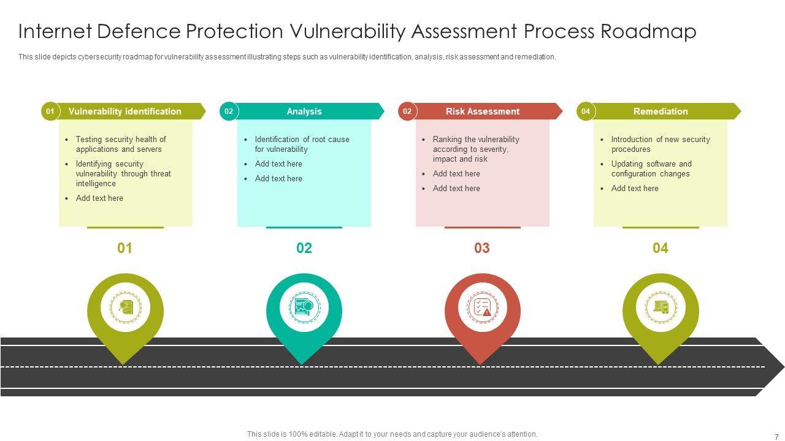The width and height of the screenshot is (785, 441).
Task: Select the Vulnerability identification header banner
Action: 125,111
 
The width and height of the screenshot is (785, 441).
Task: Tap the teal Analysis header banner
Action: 304,111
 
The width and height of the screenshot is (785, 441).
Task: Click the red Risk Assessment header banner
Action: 483,111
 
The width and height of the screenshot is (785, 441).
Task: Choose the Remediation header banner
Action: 661,111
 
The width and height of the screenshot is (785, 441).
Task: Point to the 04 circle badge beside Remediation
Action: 586,111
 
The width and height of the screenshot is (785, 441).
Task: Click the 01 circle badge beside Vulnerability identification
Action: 50,111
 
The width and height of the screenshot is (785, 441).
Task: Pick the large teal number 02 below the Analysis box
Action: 304,248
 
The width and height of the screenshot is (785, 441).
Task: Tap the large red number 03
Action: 482,248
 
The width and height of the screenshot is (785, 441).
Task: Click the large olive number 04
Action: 661,248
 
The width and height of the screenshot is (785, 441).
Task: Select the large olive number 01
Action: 125,248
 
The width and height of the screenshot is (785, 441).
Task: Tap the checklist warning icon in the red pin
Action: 483,307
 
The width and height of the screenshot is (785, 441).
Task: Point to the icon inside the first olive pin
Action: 125,307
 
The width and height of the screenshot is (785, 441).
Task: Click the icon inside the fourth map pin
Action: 661,307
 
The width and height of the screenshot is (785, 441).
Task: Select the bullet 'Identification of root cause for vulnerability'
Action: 302,144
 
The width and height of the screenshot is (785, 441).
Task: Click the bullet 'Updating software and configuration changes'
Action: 651,168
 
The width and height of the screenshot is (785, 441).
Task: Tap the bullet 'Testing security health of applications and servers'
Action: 121,144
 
